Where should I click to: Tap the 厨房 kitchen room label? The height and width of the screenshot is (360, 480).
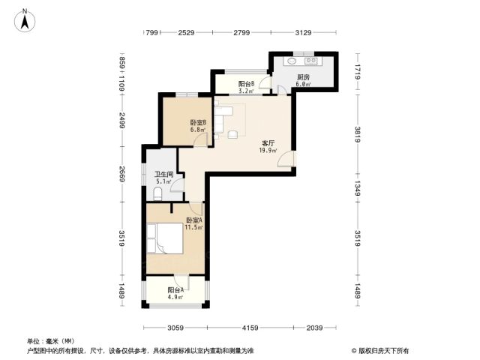[x=303, y=77]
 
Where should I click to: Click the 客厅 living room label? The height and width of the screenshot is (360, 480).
[x=268, y=143]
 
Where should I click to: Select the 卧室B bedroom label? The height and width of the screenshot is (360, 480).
[x=198, y=122]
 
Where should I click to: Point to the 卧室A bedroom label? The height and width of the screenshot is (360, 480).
[x=194, y=220]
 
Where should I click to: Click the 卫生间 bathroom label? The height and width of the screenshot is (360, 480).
[x=164, y=175]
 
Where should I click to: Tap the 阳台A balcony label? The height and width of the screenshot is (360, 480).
[x=175, y=290]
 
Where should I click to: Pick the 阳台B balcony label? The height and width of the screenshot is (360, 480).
[x=247, y=83]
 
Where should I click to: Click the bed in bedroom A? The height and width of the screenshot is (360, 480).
[x=165, y=238]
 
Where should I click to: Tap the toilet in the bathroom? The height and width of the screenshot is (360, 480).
[x=157, y=195]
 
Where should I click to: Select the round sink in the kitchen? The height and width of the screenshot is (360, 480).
[x=292, y=61]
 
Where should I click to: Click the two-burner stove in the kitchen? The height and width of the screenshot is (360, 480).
[x=311, y=61]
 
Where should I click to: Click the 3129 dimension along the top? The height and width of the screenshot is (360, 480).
[x=303, y=32]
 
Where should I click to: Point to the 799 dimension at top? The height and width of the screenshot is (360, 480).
[x=151, y=32]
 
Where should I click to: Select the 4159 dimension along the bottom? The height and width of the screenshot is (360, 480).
[x=250, y=328]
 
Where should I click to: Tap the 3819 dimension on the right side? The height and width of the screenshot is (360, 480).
[x=358, y=134]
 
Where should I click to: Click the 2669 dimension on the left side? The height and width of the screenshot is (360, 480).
[x=121, y=174]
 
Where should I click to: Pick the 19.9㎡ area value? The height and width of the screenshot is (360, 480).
[x=268, y=150]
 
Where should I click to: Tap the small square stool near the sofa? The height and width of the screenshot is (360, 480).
[x=232, y=134]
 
